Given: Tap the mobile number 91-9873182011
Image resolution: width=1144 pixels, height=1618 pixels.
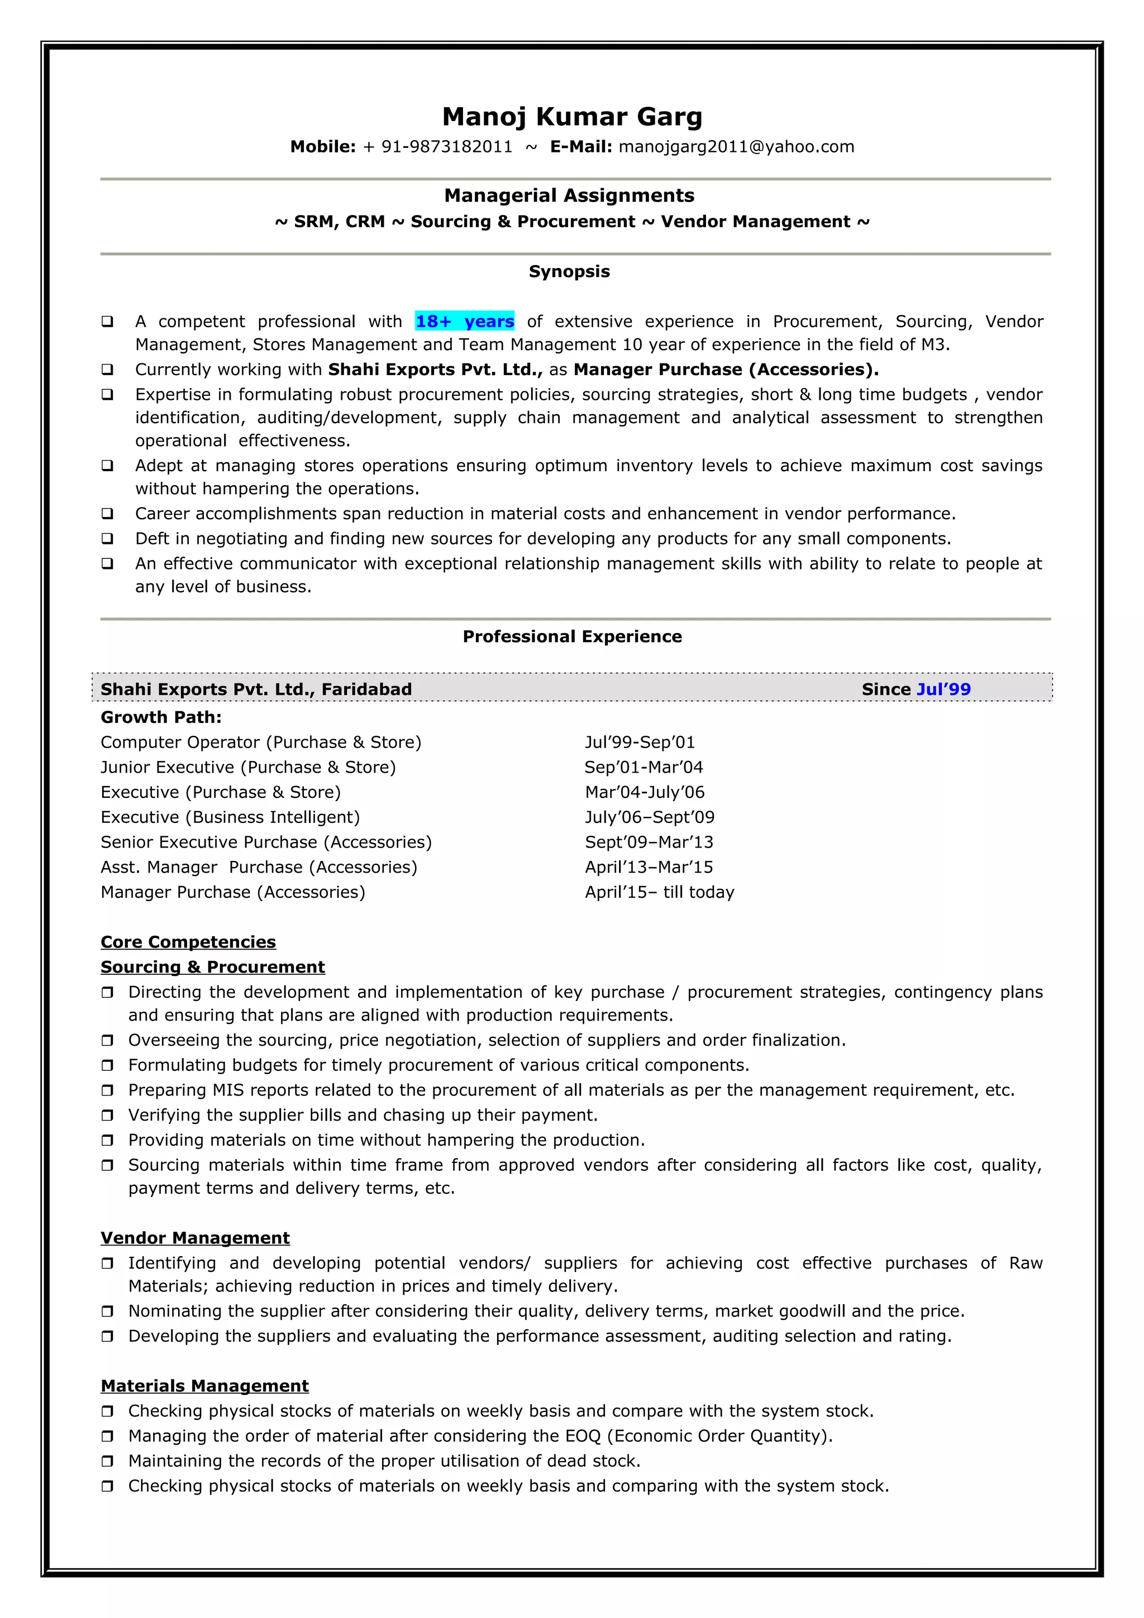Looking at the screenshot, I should click(446, 147).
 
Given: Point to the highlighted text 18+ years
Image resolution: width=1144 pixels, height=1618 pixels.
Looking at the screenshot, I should click(465, 322).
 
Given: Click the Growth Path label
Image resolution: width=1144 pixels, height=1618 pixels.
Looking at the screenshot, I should click(161, 717).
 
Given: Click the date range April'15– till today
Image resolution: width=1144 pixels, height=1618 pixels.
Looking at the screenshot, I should click(659, 892).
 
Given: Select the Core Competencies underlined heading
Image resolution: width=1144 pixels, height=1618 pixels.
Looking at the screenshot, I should click(188, 942).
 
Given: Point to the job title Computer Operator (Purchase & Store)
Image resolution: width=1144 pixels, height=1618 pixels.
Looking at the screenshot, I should click(261, 742).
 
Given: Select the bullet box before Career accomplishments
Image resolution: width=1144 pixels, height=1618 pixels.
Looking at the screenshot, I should click(107, 514).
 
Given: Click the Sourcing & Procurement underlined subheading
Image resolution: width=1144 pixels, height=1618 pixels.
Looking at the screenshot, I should click(213, 967).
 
